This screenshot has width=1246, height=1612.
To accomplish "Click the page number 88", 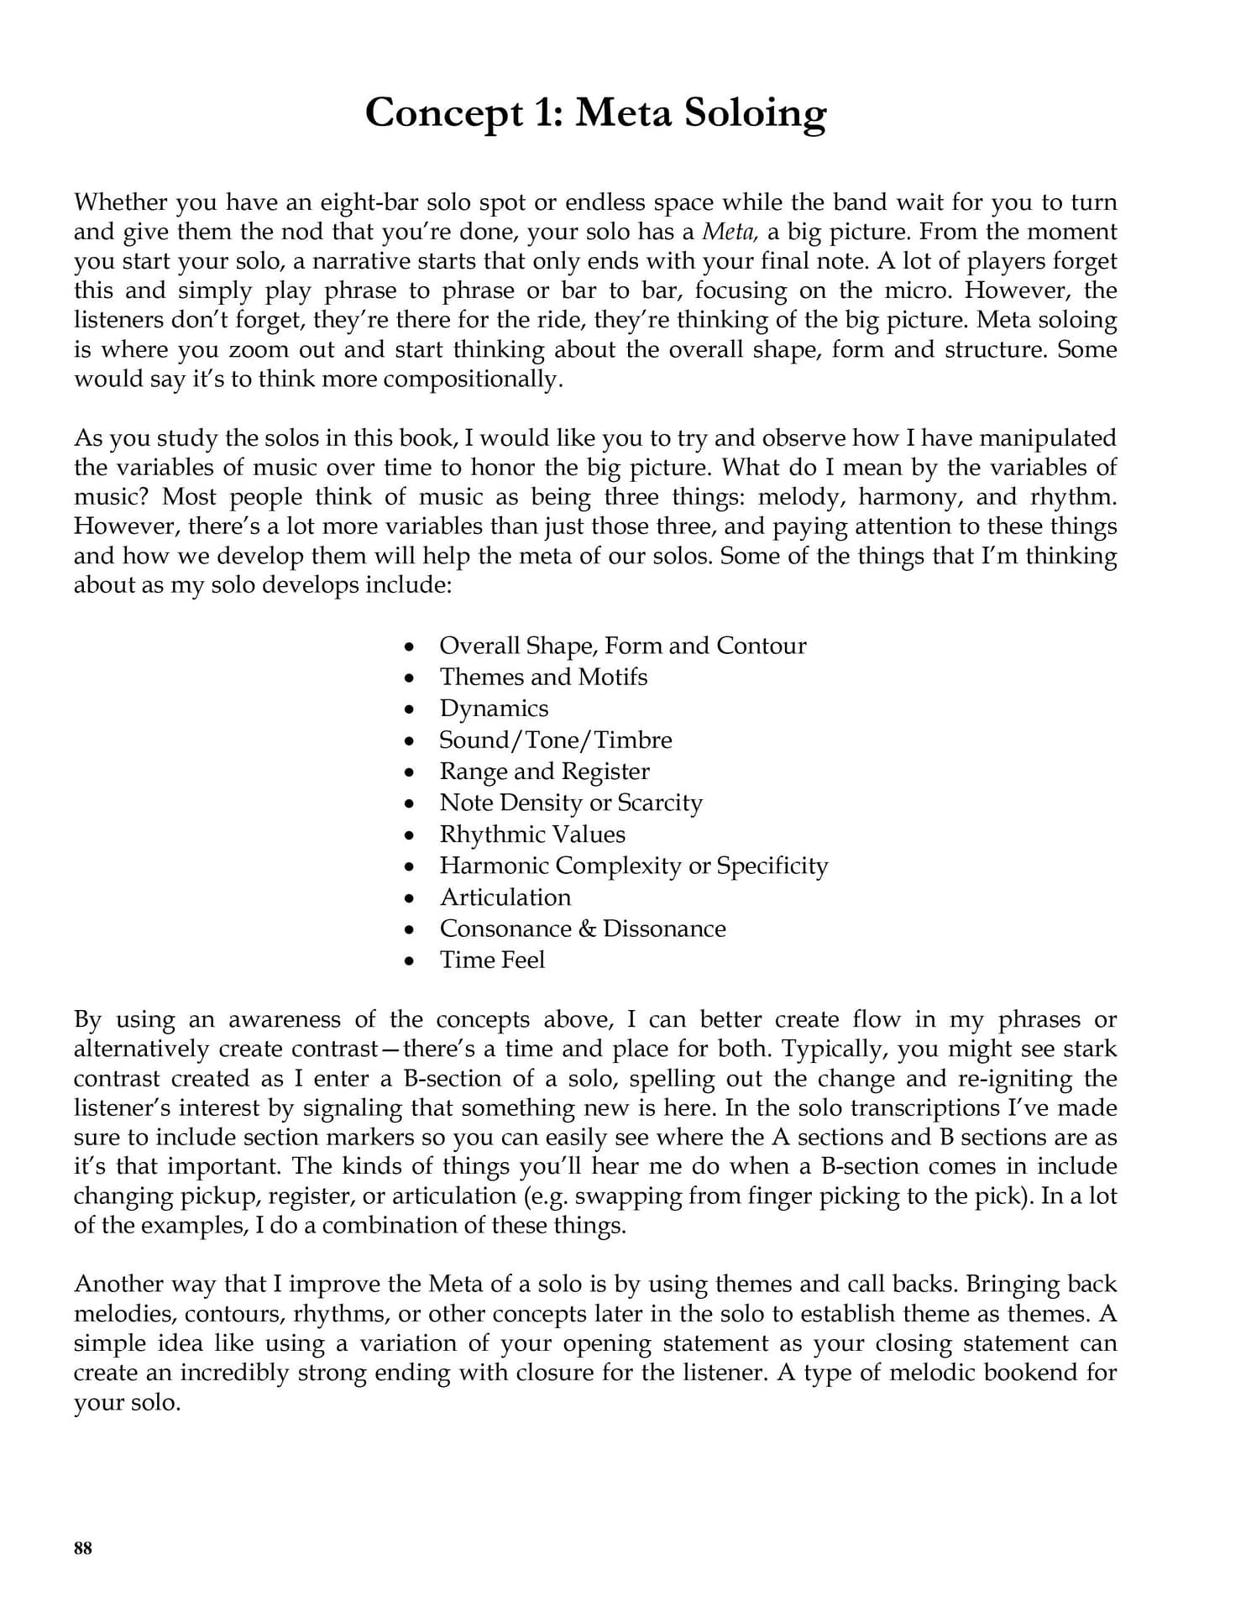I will pos(83,1549).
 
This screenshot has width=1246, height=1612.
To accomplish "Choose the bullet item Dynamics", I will pos(494,709).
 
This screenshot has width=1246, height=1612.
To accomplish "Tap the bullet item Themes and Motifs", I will pos(543,677).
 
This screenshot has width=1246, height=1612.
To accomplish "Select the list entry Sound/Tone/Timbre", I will pos(555,740).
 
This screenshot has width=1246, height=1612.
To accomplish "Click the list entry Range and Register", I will pos(544,772).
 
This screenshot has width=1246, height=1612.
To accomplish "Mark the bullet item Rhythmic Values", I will pos(532,835).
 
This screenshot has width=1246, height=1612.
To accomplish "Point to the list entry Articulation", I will pos(505,898).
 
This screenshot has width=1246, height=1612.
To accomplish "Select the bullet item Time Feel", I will pos(492,960).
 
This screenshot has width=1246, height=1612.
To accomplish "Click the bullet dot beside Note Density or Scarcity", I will pos(409,803).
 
